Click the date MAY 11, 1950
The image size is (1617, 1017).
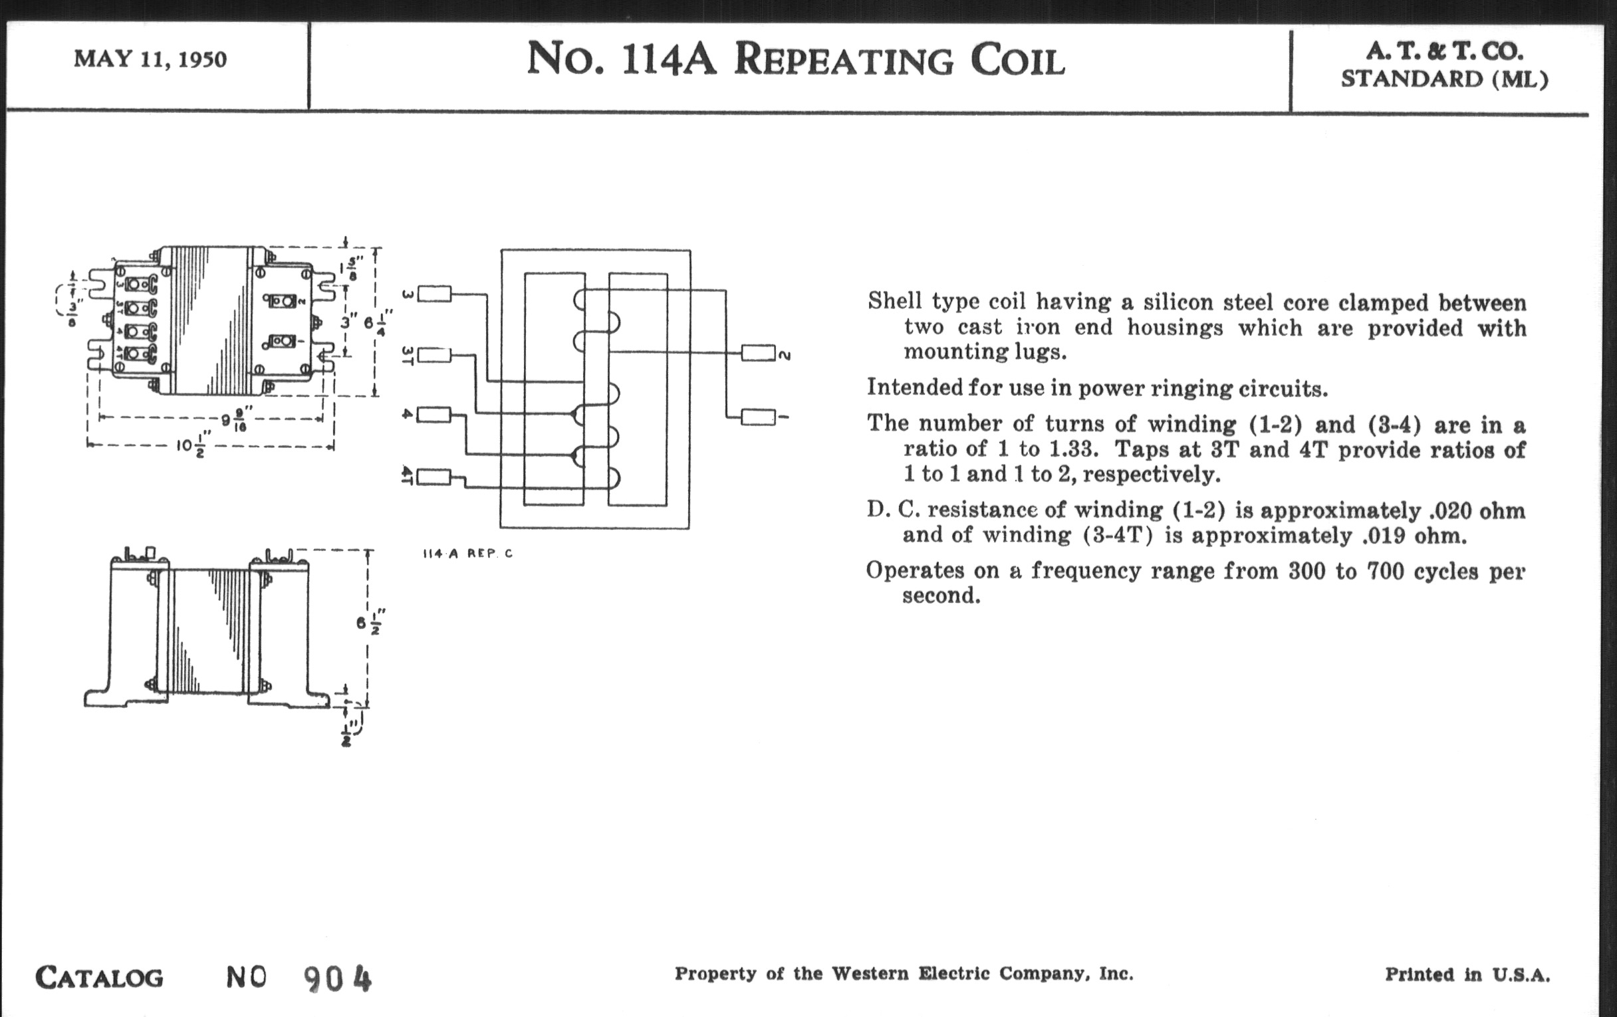(x=150, y=59)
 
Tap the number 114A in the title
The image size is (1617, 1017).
(x=669, y=59)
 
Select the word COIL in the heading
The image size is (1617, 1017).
(x=1017, y=61)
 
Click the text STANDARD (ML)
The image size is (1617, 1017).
(x=1444, y=79)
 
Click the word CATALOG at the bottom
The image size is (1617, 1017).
(x=99, y=977)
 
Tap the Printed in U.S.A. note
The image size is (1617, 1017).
(x=1467, y=974)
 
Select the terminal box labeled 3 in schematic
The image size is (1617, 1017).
(x=434, y=293)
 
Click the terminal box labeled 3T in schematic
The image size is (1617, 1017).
(x=434, y=354)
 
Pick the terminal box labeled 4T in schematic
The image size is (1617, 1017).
(x=434, y=477)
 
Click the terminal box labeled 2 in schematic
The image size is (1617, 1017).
(x=758, y=353)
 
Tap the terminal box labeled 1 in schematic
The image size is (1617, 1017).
(x=758, y=417)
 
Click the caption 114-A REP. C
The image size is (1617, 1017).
(x=467, y=553)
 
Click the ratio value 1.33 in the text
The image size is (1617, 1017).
(x=1072, y=449)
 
